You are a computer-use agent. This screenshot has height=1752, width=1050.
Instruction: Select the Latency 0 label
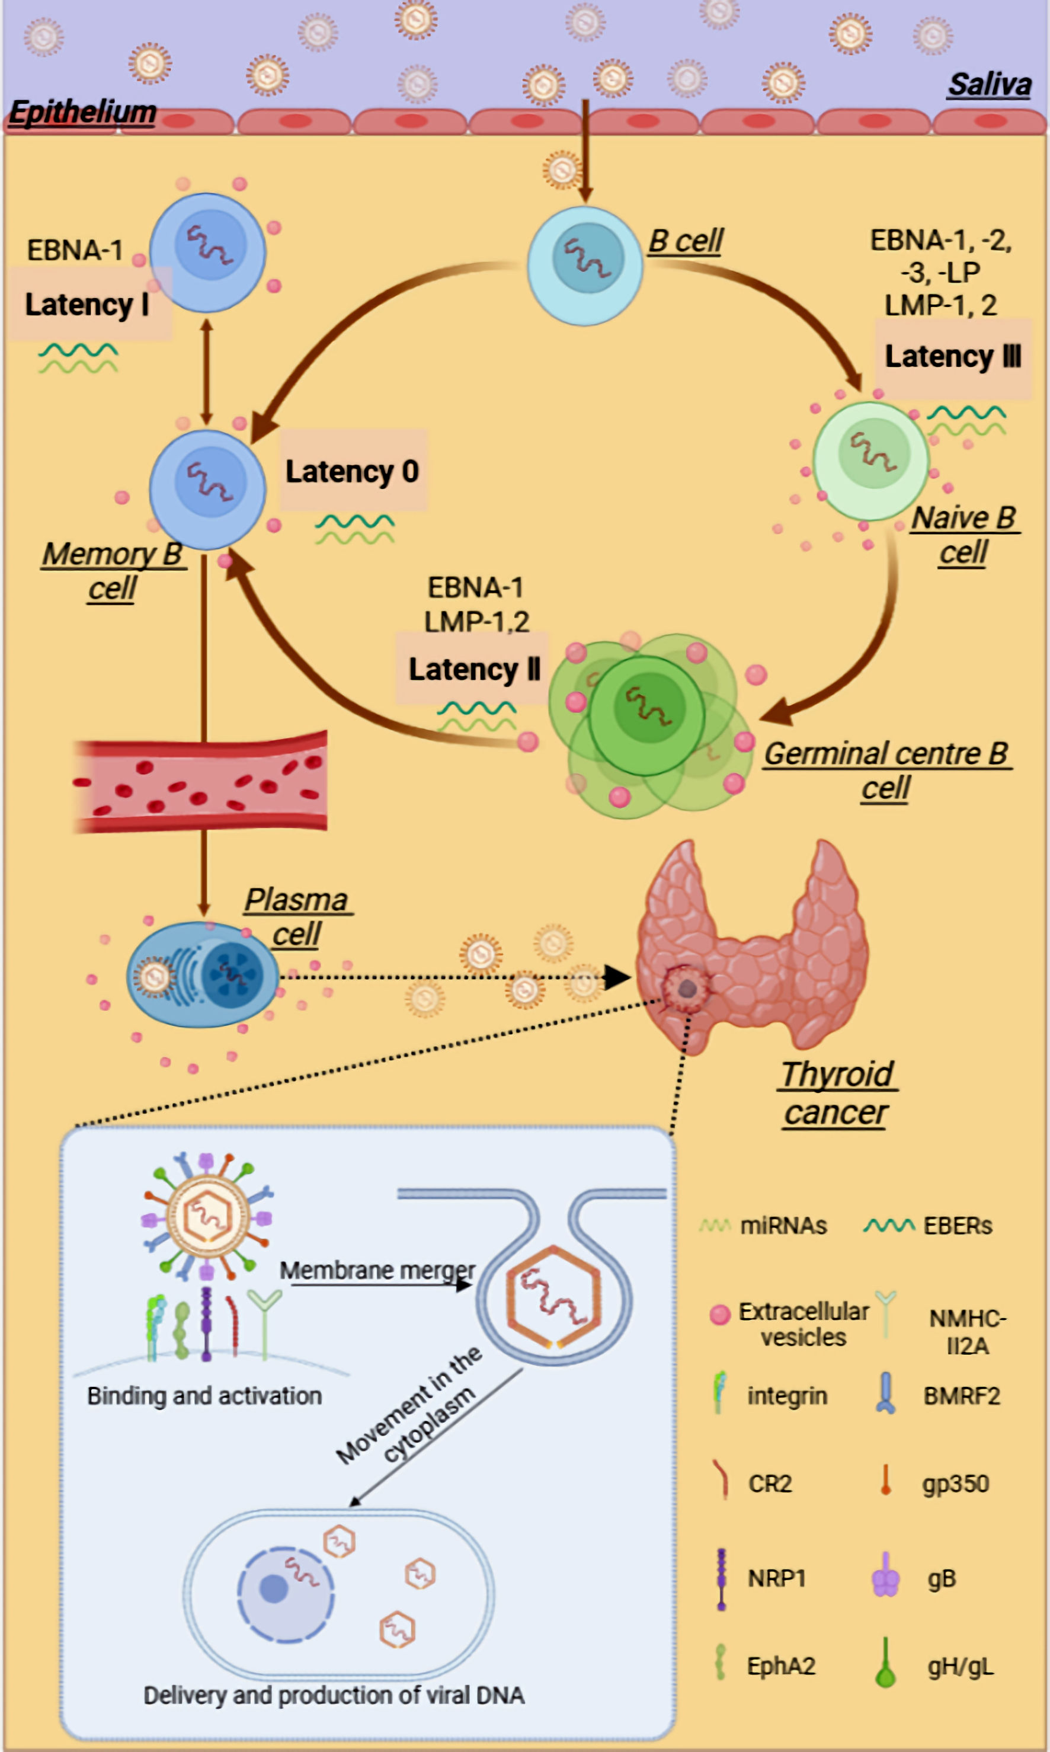[353, 471]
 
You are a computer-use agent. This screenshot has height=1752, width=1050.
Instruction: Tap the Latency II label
[474, 669]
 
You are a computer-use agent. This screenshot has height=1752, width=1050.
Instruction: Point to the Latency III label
[952, 357]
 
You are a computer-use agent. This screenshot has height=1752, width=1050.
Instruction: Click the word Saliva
[989, 85]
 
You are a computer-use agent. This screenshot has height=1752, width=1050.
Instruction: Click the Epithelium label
[83, 112]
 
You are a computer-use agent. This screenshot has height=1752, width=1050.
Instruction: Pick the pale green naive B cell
[871, 461]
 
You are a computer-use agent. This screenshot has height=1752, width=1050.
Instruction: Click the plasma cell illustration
[203, 975]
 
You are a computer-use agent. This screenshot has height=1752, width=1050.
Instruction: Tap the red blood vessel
[201, 782]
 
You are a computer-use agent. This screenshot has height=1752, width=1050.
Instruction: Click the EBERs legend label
[958, 1226]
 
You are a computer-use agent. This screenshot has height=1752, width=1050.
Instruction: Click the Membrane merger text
[377, 1270]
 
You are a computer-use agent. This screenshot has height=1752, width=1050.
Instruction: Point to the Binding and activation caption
[204, 1395]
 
